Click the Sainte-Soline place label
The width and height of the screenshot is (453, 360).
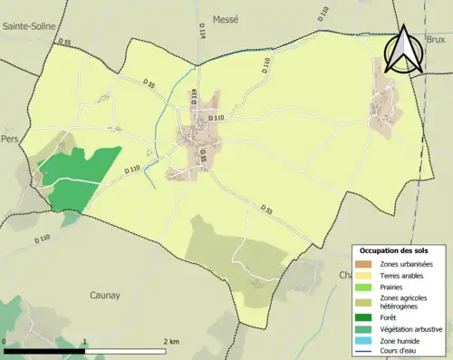point(31,27)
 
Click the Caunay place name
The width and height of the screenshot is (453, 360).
point(105,295)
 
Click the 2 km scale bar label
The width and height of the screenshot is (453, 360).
point(171,342)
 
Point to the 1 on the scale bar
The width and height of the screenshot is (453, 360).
point(85,342)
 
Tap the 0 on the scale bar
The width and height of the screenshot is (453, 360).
point(5,342)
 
